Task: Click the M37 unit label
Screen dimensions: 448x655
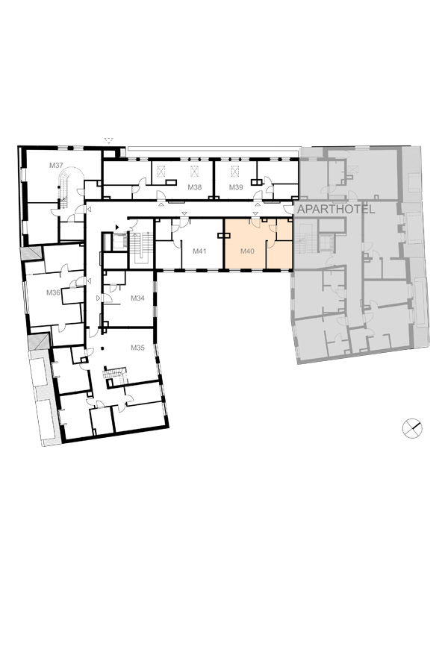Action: click(x=56, y=165)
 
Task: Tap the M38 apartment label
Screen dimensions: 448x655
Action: click(x=194, y=187)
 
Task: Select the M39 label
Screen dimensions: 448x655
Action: click(x=236, y=187)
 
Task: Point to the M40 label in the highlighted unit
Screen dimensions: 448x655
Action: click(x=247, y=251)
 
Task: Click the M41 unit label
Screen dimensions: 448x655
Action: click(x=199, y=251)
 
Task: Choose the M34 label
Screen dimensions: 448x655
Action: click(x=137, y=298)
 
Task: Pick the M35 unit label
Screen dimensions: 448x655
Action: click(x=137, y=347)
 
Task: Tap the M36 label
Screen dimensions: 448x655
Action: click(x=53, y=292)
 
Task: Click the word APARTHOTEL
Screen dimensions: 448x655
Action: click(x=335, y=210)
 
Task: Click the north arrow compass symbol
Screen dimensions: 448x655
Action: click(x=412, y=428)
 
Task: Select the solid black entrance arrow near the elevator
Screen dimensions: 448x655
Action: click(x=117, y=227)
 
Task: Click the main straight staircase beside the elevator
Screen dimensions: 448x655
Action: click(x=141, y=248)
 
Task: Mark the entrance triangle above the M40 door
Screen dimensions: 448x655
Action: click(x=254, y=214)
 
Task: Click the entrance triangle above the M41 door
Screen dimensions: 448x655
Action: click(x=184, y=214)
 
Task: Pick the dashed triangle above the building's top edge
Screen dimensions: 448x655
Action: click(x=109, y=141)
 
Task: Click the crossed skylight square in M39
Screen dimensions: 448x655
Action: click(x=235, y=172)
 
